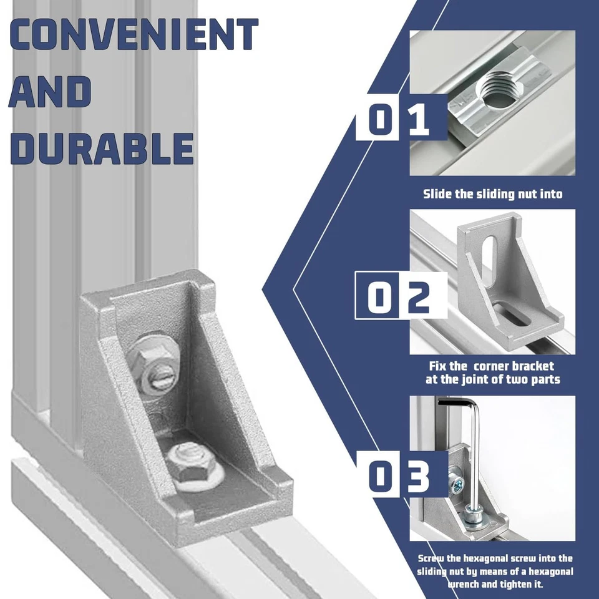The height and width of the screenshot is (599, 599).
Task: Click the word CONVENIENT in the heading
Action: (x=133, y=35)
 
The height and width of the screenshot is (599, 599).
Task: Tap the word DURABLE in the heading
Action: (x=102, y=149)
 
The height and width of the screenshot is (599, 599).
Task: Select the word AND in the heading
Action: (x=51, y=92)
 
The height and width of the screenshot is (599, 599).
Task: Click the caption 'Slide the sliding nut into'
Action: (x=492, y=194)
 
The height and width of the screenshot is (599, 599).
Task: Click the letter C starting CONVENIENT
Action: (x=23, y=35)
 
